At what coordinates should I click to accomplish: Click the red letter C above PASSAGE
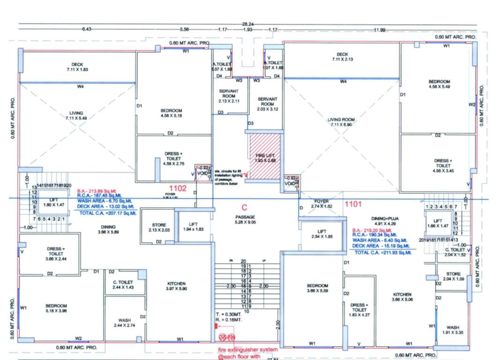(x=244, y=207)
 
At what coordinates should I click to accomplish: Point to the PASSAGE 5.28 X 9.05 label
(x=245, y=219)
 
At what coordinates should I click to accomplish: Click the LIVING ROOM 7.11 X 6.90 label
(x=341, y=122)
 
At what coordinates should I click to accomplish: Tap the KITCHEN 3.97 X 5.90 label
(x=176, y=286)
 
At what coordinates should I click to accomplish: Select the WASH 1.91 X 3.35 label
(x=452, y=330)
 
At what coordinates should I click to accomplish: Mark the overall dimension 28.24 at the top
(x=248, y=23)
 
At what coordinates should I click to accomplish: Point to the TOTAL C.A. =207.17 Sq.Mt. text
(x=108, y=213)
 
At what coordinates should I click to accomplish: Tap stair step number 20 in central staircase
(x=243, y=261)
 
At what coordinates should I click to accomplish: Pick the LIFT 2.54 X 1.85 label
(x=321, y=234)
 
